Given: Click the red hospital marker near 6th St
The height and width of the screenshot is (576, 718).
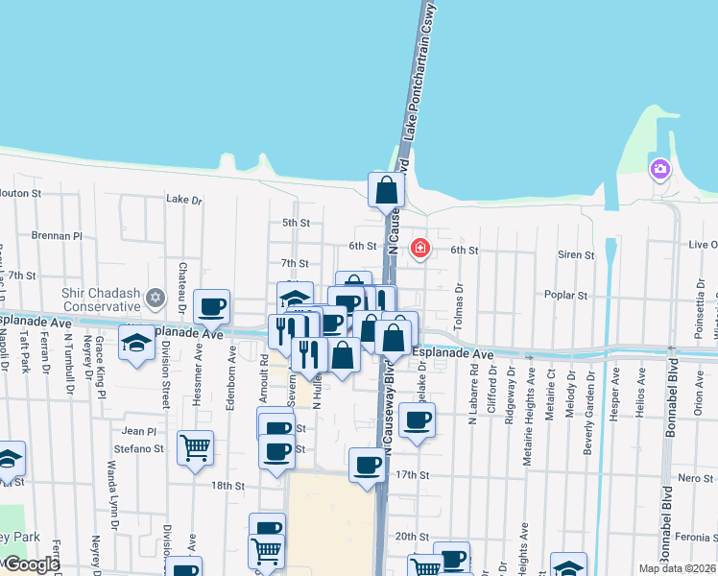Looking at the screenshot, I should click(419, 249).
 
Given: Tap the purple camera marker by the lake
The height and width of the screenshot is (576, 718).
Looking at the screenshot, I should click(659, 170).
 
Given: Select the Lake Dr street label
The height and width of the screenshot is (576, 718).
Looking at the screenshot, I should click(184, 200).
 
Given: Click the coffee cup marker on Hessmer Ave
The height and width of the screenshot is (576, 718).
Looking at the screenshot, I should click(211, 307).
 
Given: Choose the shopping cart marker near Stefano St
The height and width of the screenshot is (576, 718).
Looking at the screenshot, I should click(195, 446).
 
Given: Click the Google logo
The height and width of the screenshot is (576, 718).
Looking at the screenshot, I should click(31, 564).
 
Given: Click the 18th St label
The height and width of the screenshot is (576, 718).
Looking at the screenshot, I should click(228, 486).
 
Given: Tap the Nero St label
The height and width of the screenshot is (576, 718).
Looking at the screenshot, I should click(696, 478).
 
